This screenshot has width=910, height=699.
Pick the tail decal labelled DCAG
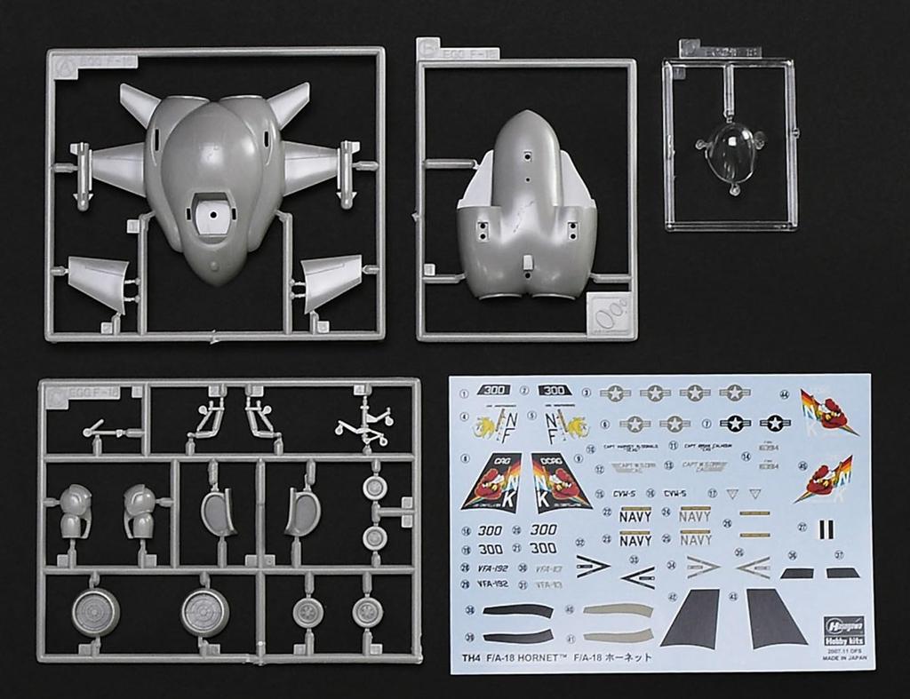click(x=562, y=481)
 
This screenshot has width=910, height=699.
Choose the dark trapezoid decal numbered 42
click(x=702, y=619)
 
